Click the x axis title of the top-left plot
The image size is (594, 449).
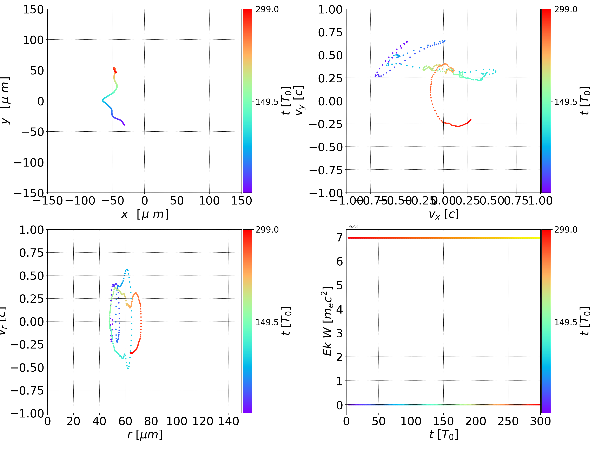pos(145,214)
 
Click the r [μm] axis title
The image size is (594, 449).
pos(145,435)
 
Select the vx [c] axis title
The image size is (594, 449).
pos(443,214)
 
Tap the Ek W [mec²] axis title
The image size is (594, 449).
pos(328,321)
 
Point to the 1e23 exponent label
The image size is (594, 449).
pos(352,227)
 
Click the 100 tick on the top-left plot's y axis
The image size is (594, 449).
pos(33,40)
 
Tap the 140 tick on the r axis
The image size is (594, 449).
pos(229,421)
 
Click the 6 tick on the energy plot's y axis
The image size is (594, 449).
pos(339,261)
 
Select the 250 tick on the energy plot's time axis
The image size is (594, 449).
pos(508,421)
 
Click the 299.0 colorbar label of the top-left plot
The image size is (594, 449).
pos(267,9)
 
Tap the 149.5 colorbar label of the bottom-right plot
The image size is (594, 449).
pos(566,322)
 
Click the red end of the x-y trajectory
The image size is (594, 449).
pos(116,72)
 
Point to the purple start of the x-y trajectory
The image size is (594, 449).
pos(125,125)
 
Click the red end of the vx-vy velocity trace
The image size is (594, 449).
pos(471,120)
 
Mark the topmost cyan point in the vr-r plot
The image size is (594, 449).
pos(127,269)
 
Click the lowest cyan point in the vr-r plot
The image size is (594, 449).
pos(128,369)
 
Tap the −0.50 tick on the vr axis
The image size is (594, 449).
pos(27,367)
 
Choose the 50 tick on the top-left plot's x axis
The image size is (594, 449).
pos(177,201)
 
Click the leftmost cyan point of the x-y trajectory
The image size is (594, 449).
pos(102,100)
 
